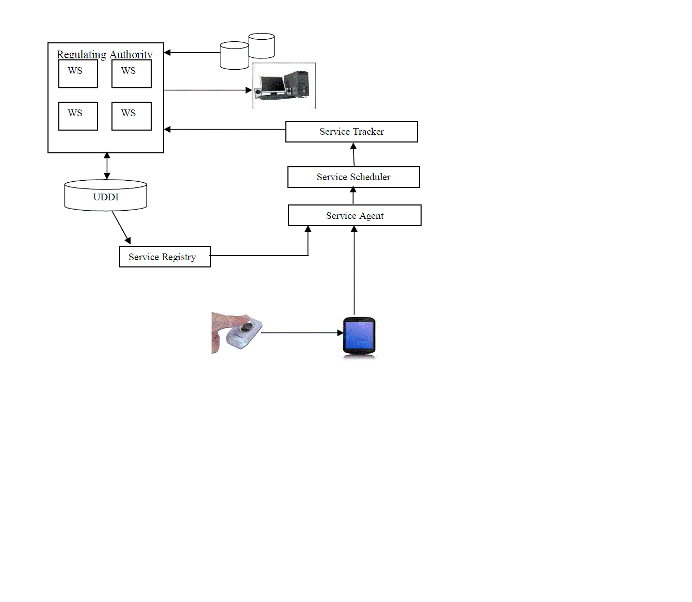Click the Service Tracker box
coord(351,132)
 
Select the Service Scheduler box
coord(353,177)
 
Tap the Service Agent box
coord(355,215)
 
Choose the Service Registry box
coord(165,257)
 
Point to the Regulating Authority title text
coord(105,54)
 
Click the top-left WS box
coord(78,74)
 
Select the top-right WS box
coord(131,74)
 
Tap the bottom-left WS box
coord(78,116)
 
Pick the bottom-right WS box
coord(131,116)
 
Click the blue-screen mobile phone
coord(359,336)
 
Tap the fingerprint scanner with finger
coord(237,333)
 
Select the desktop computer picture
coord(284,86)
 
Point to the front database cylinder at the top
coord(234,56)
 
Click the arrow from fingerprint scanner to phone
coord(302,333)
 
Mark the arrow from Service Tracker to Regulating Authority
coord(225,129)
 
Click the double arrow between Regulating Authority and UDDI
coord(107,166)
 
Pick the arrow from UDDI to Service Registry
coord(121,227)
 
